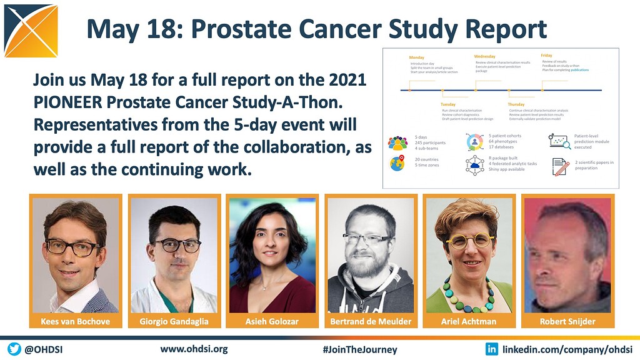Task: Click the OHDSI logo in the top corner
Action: point(30,29)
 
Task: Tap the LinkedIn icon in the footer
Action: point(492,349)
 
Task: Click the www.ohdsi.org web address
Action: point(194,349)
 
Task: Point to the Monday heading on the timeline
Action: point(417,57)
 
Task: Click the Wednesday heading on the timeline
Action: point(485,56)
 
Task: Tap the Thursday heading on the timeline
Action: point(516,104)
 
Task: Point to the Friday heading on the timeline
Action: point(547,56)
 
